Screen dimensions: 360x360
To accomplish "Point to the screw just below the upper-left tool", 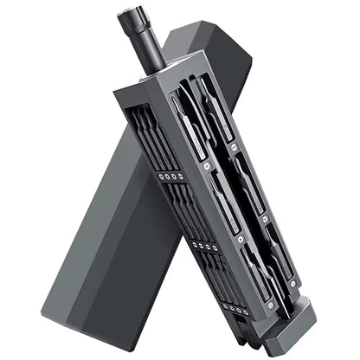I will click(x=206, y=161).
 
